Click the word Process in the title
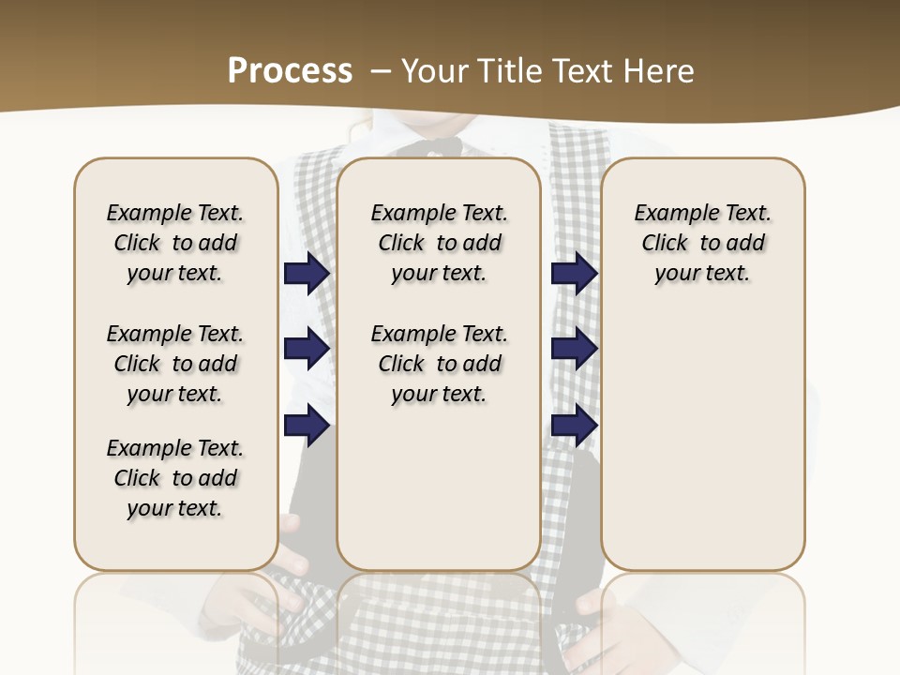tap(290, 70)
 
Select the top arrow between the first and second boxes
tap(307, 273)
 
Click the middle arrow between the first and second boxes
tap(307, 349)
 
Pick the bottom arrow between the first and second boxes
tap(307, 426)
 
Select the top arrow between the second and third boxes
tap(574, 273)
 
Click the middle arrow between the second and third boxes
tap(574, 349)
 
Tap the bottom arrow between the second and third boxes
tap(574, 426)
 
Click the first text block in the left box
tap(175, 243)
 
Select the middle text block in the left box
tap(175, 364)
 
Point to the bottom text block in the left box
tap(175, 478)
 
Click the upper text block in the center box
tap(439, 243)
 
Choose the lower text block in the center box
tap(439, 364)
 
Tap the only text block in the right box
tap(702, 243)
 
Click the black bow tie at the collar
tap(431, 146)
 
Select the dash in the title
tap(381, 70)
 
